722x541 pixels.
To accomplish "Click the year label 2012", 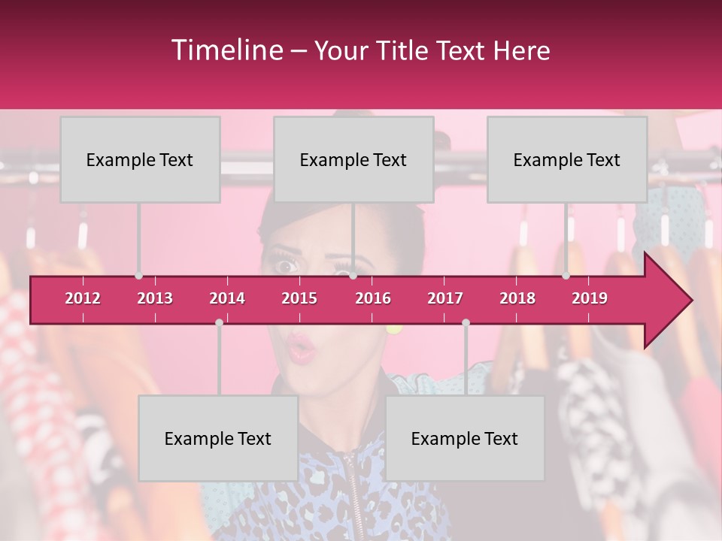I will tap(83, 298).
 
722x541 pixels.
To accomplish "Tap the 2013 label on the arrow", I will tap(155, 298).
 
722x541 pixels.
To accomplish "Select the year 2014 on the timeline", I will tap(227, 298).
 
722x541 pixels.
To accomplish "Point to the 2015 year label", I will tap(299, 298).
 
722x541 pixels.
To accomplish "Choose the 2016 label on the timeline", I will tap(373, 298).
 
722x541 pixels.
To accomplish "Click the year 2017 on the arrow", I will tap(445, 298).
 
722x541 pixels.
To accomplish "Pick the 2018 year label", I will tap(517, 298).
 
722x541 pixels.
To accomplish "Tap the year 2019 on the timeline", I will tap(590, 298).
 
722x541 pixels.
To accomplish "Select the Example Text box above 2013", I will tap(140, 159).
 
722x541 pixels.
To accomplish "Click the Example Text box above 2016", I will tap(353, 159).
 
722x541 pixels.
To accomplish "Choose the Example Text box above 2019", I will tap(567, 159).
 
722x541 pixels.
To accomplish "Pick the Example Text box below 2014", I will tap(218, 438).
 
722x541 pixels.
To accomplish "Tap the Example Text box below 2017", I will tap(465, 438).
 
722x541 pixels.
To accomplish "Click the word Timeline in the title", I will tap(226, 50).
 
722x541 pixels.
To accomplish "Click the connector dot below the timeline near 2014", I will tap(219, 322).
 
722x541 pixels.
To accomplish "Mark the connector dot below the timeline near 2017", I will tap(466, 322).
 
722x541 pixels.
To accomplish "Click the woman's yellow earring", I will tap(394, 328).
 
